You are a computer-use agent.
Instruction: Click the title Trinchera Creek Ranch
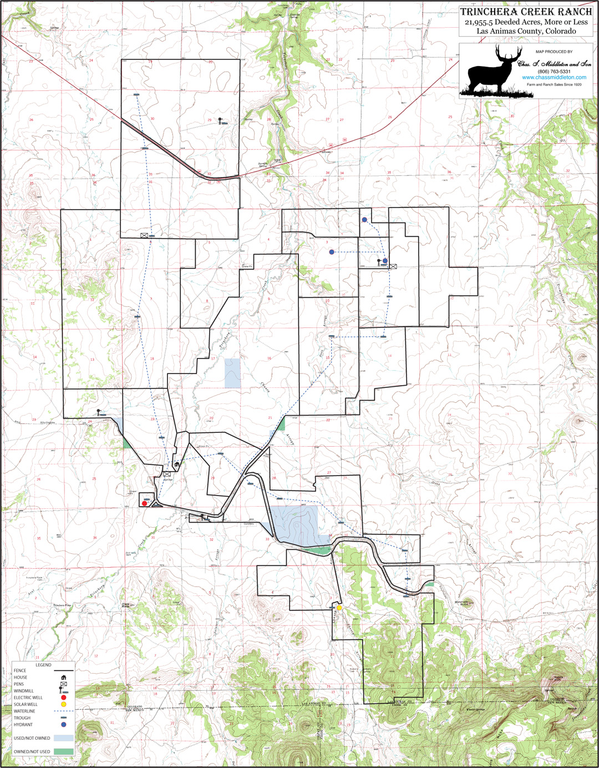[526, 12]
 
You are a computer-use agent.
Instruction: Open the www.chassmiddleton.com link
[554, 78]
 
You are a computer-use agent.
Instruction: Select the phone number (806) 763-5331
[554, 72]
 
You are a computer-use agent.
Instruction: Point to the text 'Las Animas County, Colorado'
[526, 31]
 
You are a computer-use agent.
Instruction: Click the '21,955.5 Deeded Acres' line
[526, 22]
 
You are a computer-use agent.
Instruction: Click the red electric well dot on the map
[145, 503]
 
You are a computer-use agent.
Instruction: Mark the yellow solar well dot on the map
[339, 608]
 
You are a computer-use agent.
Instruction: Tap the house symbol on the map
[177, 464]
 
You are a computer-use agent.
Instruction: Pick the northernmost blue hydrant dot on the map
[364, 220]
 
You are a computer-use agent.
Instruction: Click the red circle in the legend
[64, 698]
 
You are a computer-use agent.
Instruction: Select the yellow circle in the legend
[64, 704]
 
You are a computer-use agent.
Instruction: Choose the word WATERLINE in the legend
[24, 711]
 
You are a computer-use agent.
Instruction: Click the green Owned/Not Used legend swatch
[64, 751]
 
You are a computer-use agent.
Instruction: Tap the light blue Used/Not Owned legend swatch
[64, 738]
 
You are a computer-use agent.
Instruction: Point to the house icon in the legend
[64, 677]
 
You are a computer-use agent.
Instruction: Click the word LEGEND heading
[43, 665]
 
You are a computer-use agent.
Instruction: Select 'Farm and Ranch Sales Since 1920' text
[554, 84]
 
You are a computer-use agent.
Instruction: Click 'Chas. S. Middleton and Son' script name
[554, 64]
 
